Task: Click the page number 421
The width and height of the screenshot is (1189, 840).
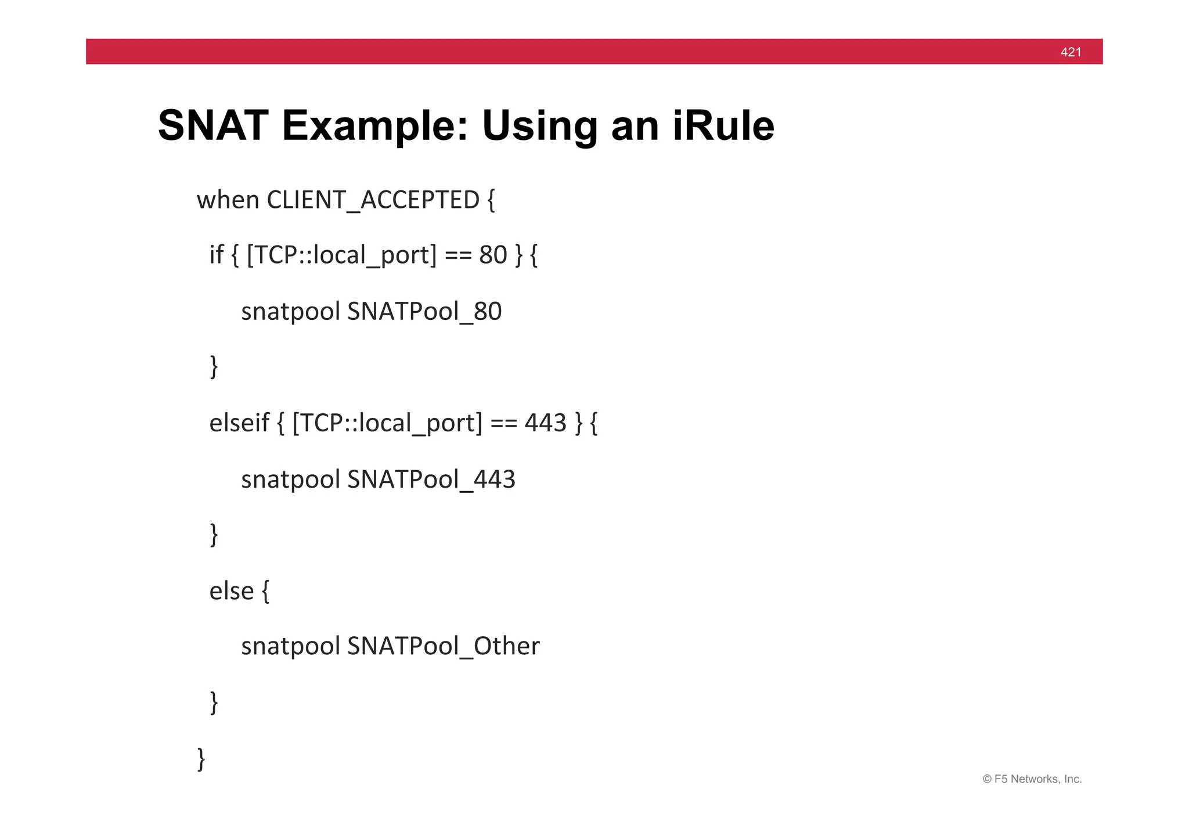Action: (x=1071, y=52)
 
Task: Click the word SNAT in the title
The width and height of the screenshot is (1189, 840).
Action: (x=213, y=125)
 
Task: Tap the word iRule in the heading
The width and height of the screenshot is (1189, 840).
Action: (x=723, y=125)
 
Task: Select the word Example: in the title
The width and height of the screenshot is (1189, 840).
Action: (x=374, y=127)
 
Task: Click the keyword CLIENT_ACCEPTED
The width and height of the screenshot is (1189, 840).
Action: (x=373, y=200)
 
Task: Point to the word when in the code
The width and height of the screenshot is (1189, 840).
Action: (x=228, y=200)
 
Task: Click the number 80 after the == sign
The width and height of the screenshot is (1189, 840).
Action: (x=493, y=255)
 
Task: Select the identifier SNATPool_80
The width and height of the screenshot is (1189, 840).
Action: (x=424, y=312)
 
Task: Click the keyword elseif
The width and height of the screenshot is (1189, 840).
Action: (x=239, y=423)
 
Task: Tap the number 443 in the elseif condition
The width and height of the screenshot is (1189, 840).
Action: (x=545, y=423)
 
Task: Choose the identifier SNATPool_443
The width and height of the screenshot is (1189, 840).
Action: (x=431, y=480)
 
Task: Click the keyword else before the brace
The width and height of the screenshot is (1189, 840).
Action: (x=231, y=591)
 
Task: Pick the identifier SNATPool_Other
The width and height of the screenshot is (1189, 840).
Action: (x=444, y=646)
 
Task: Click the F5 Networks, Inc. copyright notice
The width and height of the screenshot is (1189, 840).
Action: (x=1032, y=779)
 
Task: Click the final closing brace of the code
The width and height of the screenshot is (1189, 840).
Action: (x=201, y=759)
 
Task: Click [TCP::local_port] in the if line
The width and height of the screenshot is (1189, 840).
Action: (x=341, y=255)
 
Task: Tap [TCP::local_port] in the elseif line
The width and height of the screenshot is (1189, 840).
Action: (x=387, y=423)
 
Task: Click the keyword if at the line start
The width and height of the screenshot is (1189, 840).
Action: (x=216, y=255)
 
